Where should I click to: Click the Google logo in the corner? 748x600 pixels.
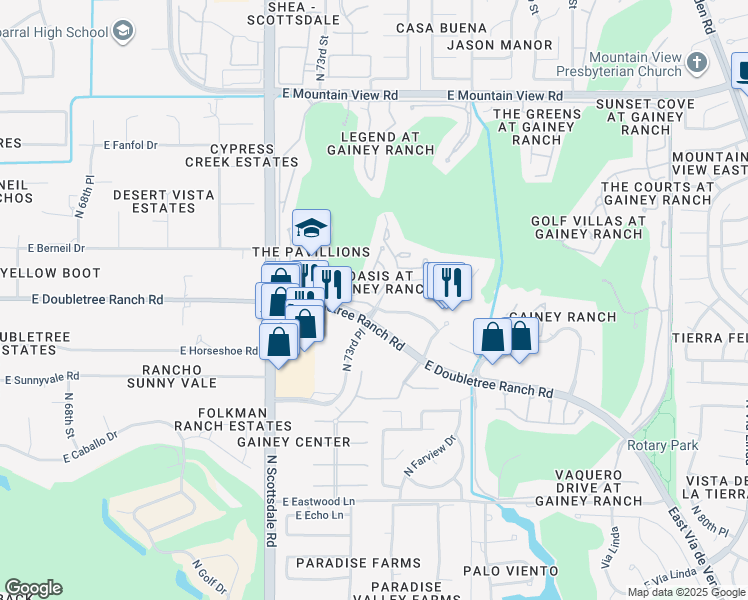pyautogui.click(x=33, y=588)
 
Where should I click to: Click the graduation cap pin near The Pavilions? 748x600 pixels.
pyautogui.click(x=311, y=230)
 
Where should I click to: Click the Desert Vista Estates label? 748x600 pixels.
pyautogui.click(x=153, y=201)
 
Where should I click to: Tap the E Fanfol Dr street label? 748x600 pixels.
pyautogui.click(x=131, y=145)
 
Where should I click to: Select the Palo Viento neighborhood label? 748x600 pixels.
pyautogui.click(x=518, y=571)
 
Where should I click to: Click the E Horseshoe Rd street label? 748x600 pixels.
pyautogui.click(x=219, y=351)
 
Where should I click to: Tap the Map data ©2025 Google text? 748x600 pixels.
pyautogui.click(x=686, y=592)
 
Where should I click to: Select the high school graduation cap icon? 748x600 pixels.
pyautogui.click(x=122, y=32)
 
